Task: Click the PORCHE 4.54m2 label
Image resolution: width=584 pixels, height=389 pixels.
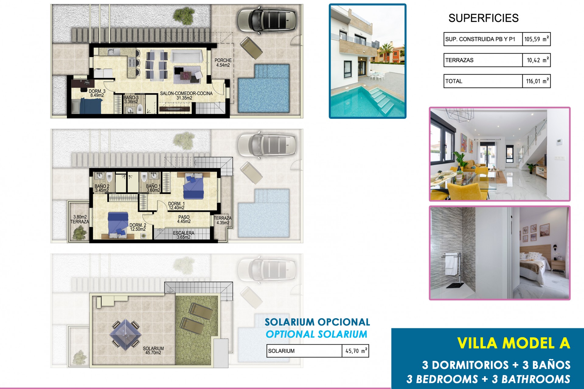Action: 223,63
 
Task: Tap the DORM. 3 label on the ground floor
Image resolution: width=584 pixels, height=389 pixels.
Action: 97,93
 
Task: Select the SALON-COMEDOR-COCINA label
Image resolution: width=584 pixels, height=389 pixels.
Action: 186,95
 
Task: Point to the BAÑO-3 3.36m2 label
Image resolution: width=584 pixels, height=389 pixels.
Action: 131,100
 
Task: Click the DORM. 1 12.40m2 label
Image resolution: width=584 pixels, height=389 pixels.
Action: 176,206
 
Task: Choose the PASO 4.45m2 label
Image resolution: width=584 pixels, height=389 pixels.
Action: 184,219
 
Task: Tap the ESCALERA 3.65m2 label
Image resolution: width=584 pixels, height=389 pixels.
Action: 183,235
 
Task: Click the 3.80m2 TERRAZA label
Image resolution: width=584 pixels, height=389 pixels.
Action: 80,219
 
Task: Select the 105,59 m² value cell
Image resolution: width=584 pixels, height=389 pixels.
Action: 536,39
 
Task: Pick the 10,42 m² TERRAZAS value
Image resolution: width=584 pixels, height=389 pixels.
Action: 536,60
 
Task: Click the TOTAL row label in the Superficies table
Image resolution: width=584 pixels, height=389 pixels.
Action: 454,81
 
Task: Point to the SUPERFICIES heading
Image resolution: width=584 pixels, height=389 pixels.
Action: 483,18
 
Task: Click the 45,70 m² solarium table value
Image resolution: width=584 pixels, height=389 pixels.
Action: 356,351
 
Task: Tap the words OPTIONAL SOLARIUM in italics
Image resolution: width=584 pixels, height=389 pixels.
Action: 316,334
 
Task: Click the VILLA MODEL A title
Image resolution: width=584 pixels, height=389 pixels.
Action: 513,343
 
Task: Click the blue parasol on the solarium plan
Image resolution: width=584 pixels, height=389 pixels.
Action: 126,334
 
